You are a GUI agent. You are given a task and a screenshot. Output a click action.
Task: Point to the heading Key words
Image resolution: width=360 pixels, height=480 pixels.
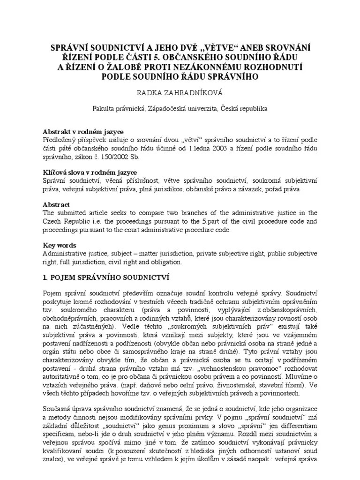59,245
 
